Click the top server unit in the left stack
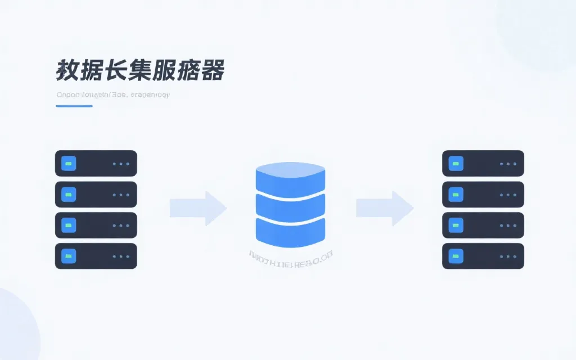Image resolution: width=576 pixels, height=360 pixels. coord(96,164)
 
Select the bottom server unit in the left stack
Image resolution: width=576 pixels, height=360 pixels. coord(96,256)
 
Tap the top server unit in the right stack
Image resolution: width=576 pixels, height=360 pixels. coord(483,164)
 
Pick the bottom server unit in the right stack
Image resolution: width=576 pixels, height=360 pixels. coord(483,256)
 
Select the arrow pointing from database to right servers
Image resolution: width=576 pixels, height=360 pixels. coord(385,208)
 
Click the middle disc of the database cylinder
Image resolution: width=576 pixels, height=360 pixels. coord(290,204)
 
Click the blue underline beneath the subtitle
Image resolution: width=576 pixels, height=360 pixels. coord(74,106)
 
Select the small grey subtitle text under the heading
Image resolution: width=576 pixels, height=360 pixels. coord(113,95)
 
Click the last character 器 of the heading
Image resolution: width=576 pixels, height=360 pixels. coord(213,71)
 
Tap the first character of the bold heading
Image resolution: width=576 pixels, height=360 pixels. coord(67,71)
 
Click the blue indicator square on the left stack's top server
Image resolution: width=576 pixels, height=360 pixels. coord(69,164)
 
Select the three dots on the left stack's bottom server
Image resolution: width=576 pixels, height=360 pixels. coord(121,256)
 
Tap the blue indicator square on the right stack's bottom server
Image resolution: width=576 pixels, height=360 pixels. coord(456,256)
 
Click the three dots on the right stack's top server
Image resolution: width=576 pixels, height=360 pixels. coord(508,164)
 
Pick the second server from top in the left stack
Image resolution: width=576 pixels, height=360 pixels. coord(96,195)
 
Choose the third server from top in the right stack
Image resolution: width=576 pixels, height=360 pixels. coord(483,225)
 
